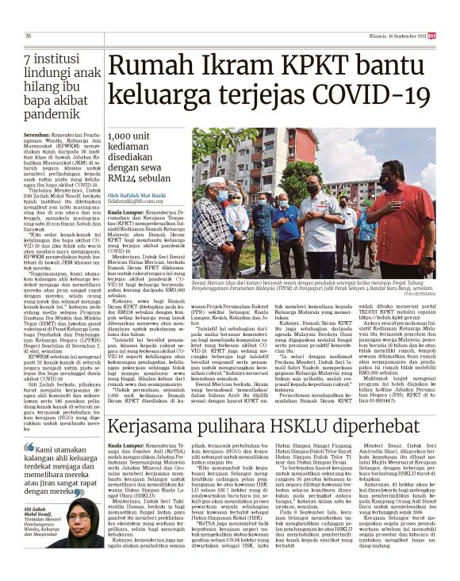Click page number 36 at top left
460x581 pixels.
click(x=29, y=36)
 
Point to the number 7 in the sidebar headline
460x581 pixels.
click(x=29, y=60)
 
